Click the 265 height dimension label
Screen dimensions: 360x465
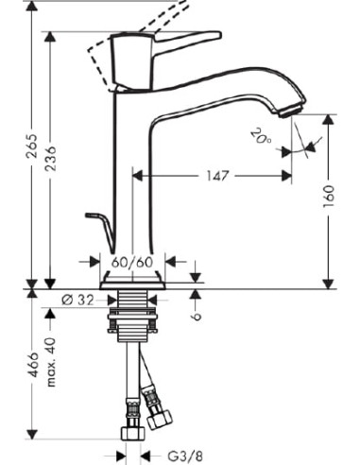[x=32, y=146]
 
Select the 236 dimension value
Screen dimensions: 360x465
[x=50, y=159]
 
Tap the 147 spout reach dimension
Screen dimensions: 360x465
[x=217, y=176]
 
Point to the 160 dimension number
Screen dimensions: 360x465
[x=329, y=197]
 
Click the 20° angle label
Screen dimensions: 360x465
[x=261, y=136]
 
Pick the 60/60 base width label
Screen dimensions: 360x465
[x=132, y=262]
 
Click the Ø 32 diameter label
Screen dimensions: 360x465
[x=77, y=301]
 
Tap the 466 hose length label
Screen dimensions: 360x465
[x=32, y=365]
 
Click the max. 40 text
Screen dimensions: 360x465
[x=50, y=362]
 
